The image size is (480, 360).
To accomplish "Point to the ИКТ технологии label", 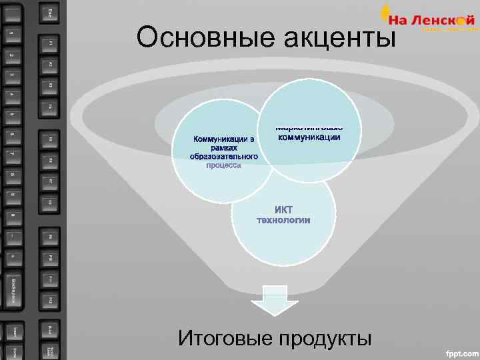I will click(x=283, y=215).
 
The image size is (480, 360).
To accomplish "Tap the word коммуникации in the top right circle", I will click(x=309, y=138).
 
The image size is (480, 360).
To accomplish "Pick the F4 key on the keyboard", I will click(x=51, y=106).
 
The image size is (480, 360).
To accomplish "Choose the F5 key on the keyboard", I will click(x=51, y=140).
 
